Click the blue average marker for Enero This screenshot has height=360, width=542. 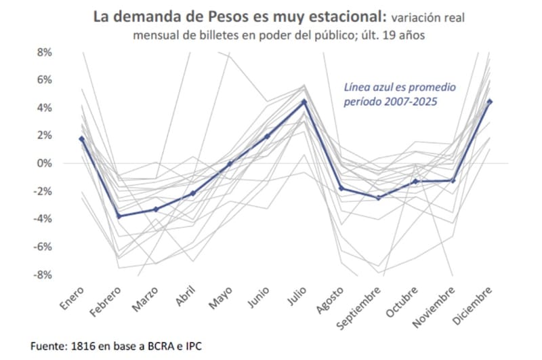pos(82,139)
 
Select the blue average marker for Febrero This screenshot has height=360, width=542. pos(119,216)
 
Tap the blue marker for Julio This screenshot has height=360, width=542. pos(304,102)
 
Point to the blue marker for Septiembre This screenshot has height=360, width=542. pos(378,197)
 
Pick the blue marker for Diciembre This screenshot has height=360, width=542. pos(489,102)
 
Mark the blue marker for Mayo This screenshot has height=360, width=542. pos(230,163)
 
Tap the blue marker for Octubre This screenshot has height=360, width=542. pos(415,182)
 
